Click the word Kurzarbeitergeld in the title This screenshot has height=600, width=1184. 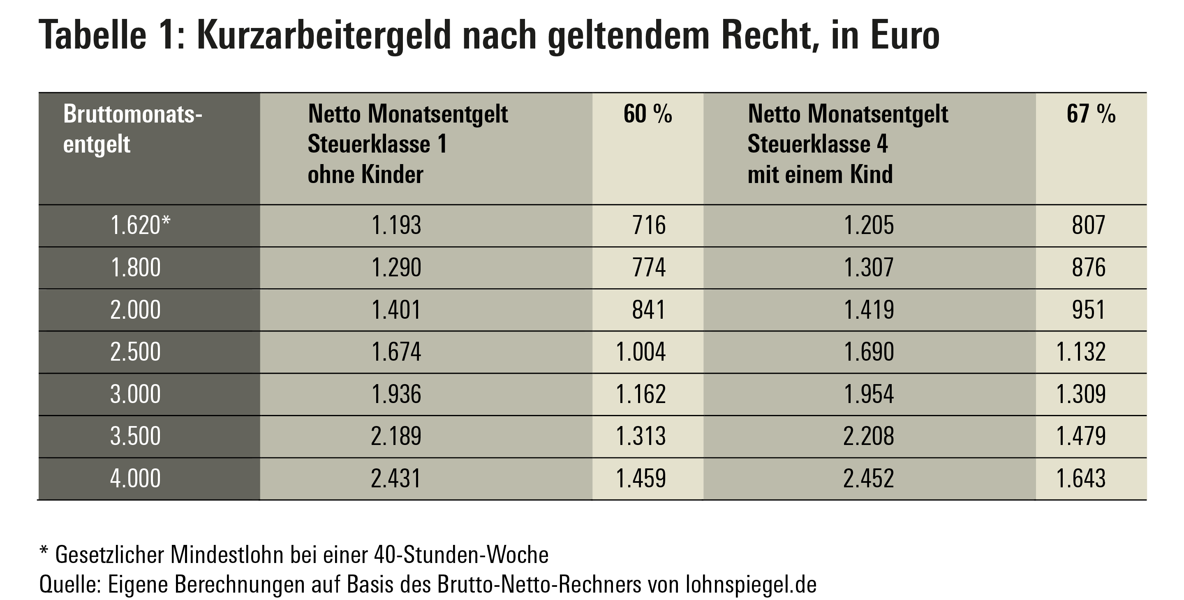coord(324,36)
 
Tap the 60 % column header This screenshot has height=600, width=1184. coord(647,114)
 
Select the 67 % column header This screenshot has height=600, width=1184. coord(1091,114)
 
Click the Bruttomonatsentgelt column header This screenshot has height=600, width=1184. coord(132,129)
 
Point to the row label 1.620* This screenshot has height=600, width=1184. coord(140,225)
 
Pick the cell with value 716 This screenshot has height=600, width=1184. coord(649,225)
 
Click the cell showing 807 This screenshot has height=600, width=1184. coord(1088,225)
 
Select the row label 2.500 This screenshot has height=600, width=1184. coord(135,352)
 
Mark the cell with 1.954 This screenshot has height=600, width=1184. coord(869,394)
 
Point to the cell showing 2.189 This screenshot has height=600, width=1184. coord(396,436)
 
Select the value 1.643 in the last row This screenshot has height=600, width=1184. coord(1080,479)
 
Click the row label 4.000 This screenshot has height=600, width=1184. coord(135,479)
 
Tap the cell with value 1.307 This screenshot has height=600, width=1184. coord(869,268)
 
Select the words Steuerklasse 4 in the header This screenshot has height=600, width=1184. coord(818,144)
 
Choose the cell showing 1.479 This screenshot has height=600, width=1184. coord(1080,436)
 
